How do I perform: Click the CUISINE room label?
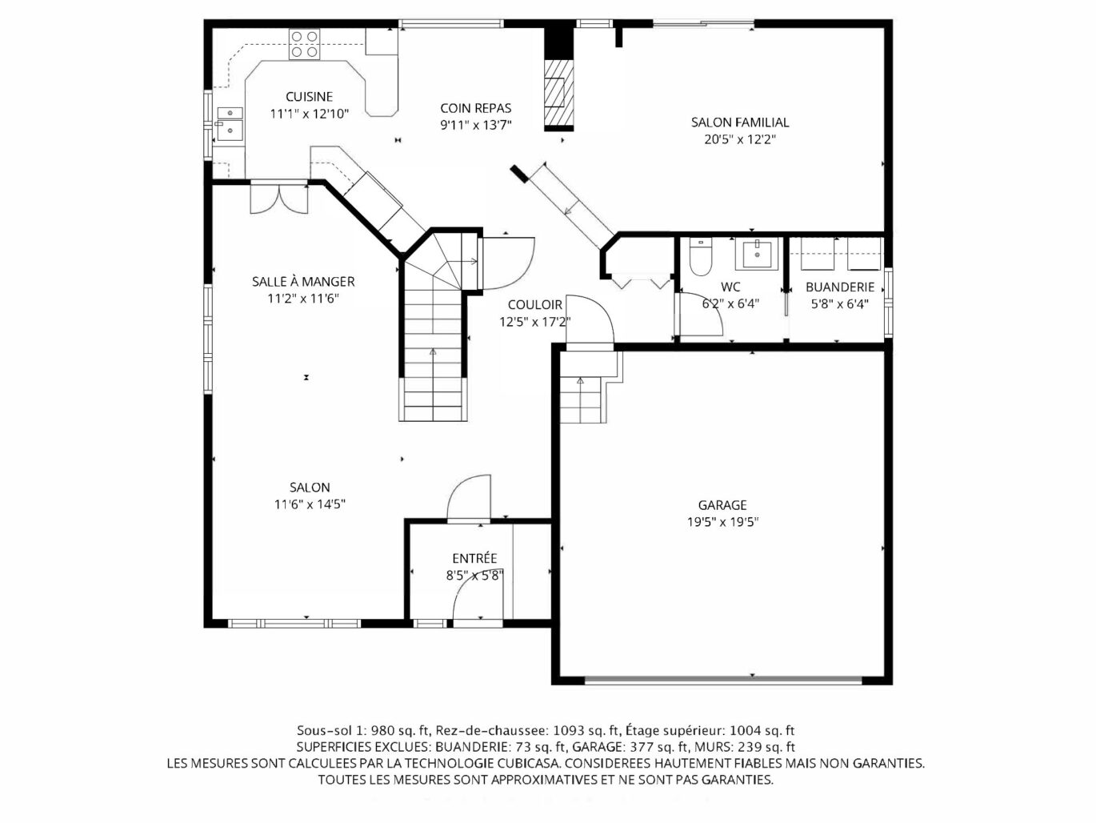(309, 97)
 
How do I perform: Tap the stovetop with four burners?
(305, 44)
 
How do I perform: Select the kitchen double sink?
(230, 123)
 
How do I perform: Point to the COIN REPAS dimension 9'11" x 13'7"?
(476, 125)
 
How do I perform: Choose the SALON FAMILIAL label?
(740, 122)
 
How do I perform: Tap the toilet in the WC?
(700, 257)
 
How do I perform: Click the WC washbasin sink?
(757, 253)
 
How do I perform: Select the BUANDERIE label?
(840, 287)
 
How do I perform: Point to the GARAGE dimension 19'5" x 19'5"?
(722, 522)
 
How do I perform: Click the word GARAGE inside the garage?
(722, 505)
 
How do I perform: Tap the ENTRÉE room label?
(474, 559)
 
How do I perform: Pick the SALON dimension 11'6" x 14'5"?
(310, 504)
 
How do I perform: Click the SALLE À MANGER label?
(303, 282)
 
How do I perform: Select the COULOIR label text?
(534, 305)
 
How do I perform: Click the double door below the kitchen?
(279, 199)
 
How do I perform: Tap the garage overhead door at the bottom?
(723, 680)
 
